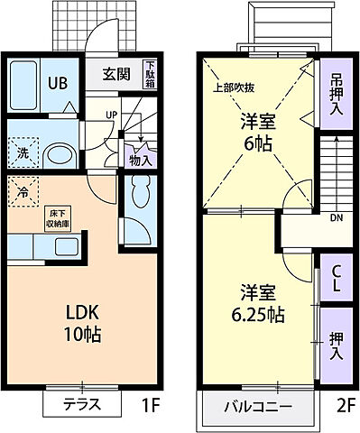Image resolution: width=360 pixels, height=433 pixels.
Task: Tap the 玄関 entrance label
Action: click(x=113, y=75)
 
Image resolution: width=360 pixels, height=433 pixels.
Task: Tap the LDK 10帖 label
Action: click(x=80, y=322)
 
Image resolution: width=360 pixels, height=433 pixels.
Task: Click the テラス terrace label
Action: click(x=80, y=406)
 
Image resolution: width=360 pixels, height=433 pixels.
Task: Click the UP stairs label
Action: click(x=111, y=115)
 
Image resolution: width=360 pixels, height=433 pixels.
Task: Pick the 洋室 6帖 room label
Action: click(x=256, y=132)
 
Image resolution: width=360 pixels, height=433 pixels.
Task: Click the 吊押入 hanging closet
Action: click(x=335, y=95)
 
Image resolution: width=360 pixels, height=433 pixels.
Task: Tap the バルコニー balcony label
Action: click(x=258, y=408)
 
